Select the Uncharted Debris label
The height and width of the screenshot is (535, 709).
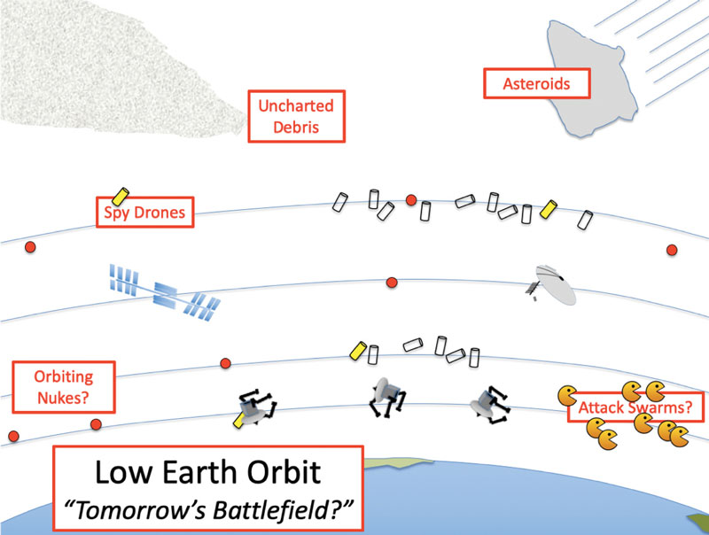pyautogui.click(x=295, y=116)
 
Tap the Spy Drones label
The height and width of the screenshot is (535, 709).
pyautogui.click(x=144, y=213)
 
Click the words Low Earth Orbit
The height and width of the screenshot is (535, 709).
pyautogui.click(x=208, y=475)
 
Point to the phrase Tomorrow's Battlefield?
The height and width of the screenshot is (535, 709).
pyautogui.click(x=208, y=510)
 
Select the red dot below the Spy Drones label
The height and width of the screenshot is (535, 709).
pyautogui.click(x=29, y=245)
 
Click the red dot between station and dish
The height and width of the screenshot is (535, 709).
pyautogui.click(x=392, y=282)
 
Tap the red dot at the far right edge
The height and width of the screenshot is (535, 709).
pyautogui.click(x=671, y=251)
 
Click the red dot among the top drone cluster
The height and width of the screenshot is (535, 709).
pyautogui.click(x=411, y=200)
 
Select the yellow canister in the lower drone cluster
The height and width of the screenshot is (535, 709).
pyautogui.click(x=358, y=350)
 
